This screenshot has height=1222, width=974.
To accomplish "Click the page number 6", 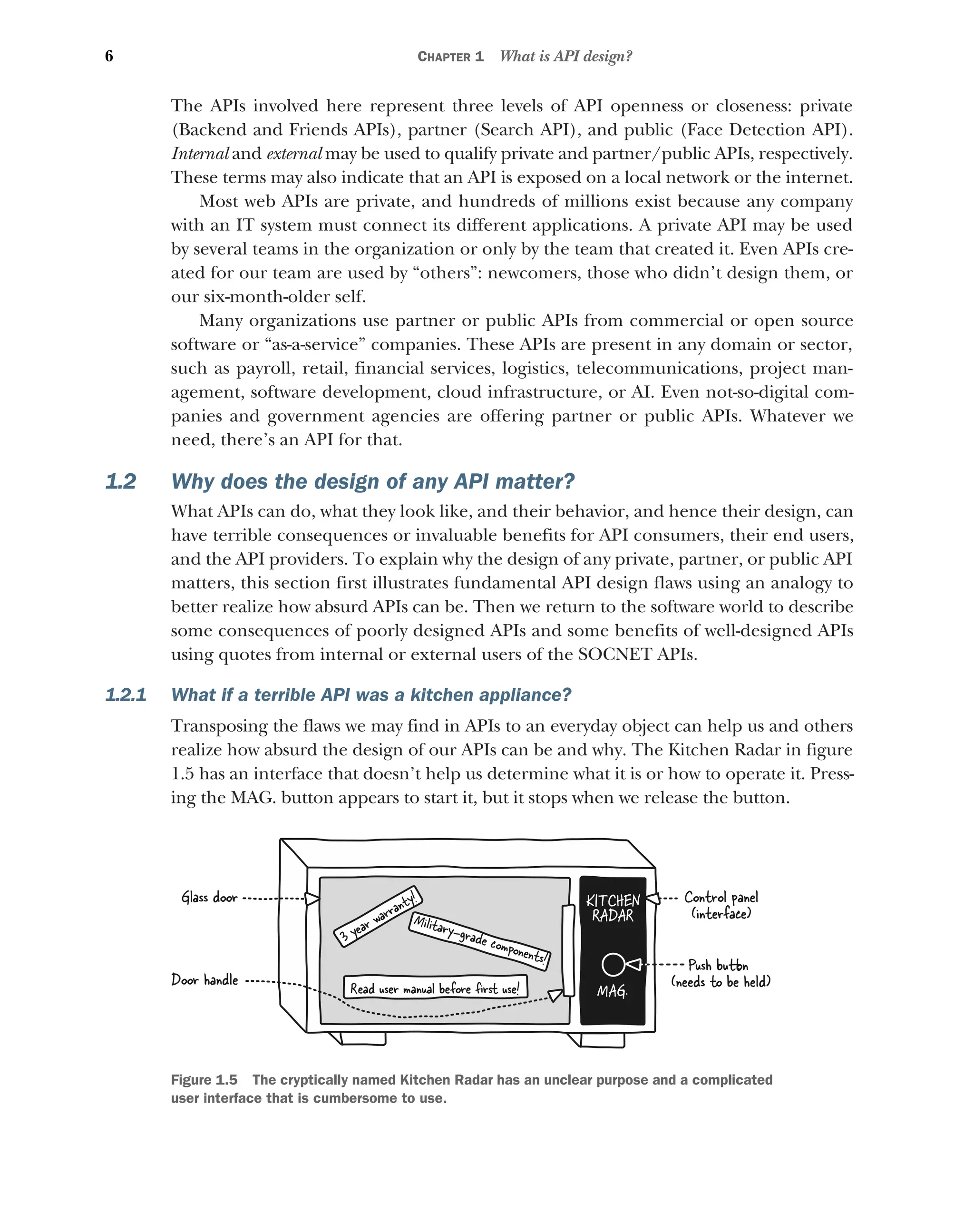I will [109, 56].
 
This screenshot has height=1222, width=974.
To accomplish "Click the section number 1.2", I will [121, 482].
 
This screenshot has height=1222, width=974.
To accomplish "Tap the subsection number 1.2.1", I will [126, 695].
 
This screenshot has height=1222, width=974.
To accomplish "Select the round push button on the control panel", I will [613, 965].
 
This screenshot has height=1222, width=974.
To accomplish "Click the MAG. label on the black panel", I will [612, 991].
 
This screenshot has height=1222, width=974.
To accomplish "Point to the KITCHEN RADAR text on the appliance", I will [613, 908].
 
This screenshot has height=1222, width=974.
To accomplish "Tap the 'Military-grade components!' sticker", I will [479, 941].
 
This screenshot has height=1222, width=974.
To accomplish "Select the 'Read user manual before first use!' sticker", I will [435, 988].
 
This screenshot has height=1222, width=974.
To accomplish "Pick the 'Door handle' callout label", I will [205, 980].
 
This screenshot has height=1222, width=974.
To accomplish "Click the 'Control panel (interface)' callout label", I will [720, 905].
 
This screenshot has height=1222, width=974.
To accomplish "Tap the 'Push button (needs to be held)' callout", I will [720, 973].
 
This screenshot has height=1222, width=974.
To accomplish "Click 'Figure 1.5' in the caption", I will [204, 1080].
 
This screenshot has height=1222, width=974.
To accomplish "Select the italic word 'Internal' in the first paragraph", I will [200, 154].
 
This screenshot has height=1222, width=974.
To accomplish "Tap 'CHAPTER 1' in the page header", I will [450, 57].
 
